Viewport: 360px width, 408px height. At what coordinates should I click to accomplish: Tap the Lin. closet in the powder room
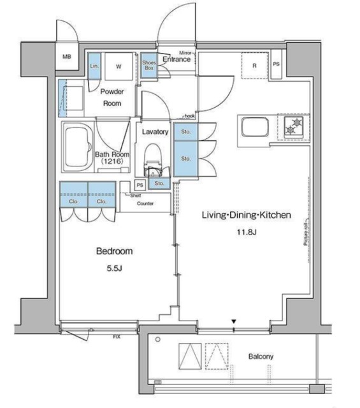point(94,67)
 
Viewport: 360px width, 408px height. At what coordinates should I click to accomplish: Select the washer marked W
point(119,66)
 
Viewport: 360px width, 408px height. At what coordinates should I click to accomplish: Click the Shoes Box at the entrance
point(149,66)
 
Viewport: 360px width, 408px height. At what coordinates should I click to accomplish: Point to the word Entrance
point(176,59)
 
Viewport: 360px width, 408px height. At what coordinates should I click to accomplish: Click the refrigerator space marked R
point(254,66)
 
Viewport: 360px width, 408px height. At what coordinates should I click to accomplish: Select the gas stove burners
point(294,127)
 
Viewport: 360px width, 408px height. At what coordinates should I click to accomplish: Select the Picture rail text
point(306,234)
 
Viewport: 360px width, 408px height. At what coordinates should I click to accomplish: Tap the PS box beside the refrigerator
point(276,64)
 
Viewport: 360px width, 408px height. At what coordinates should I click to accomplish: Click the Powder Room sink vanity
point(75,97)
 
